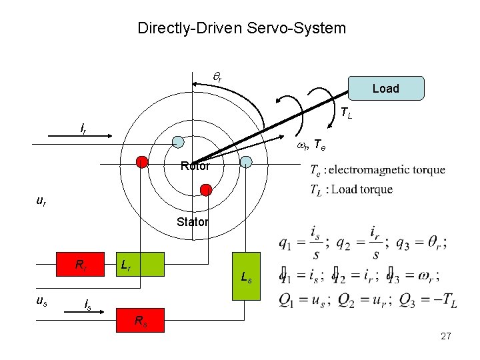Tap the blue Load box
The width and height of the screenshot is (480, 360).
(x=386, y=88)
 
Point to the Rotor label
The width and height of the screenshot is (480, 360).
(x=195, y=166)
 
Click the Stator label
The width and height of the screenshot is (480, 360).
(x=193, y=222)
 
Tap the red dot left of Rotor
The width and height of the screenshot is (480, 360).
(x=142, y=161)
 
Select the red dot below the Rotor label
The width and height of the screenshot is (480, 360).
(x=207, y=191)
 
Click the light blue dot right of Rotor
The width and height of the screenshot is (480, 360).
(x=246, y=161)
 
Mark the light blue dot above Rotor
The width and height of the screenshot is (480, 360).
(x=178, y=141)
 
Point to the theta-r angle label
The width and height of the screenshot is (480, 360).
(x=217, y=77)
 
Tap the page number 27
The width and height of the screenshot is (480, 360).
(x=446, y=337)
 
